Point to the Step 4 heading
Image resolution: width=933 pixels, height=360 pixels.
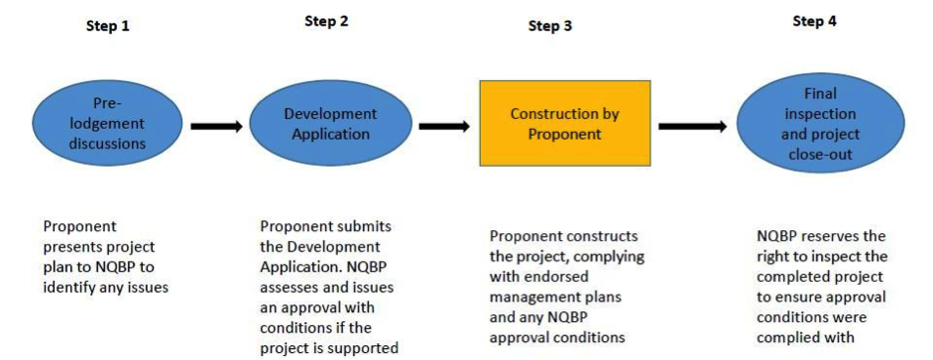tap(814, 21)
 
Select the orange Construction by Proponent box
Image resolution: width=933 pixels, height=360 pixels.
tap(564, 123)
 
